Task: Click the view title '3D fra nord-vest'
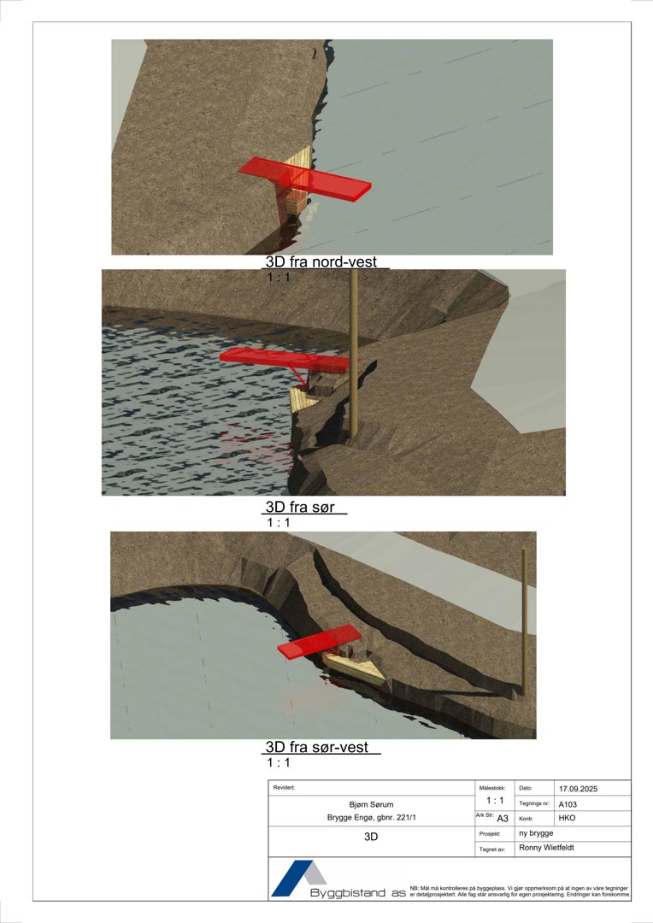coord(325,262)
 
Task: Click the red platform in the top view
coord(306,177)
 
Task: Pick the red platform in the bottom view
coord(319,641)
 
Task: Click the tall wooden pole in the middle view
coord(353,359)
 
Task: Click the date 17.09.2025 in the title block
coord(582,788)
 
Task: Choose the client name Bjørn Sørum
coord(371,804)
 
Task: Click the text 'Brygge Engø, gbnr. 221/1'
coord(371,818)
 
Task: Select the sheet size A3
coord(503,819)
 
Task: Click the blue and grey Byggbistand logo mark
coord(299,878)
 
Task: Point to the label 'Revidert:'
coord(285,787)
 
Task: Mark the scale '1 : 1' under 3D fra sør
coord(279,522)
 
